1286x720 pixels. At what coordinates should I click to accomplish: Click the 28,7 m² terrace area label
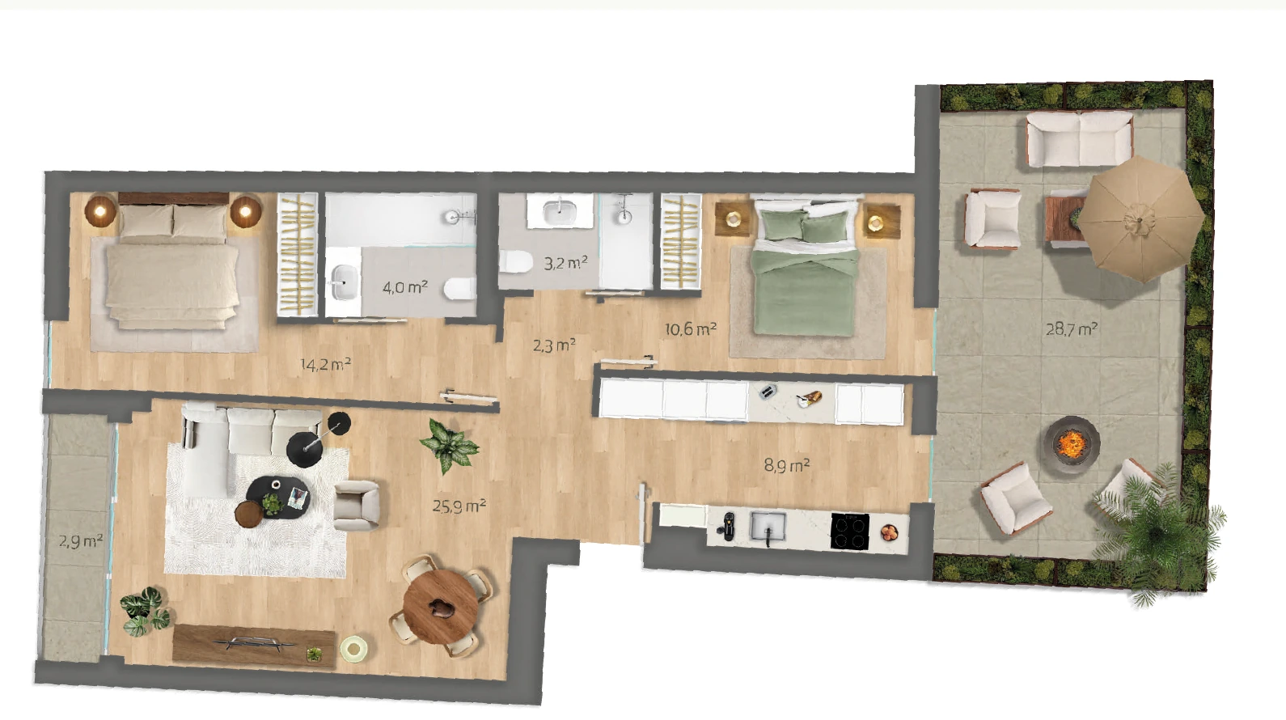point(1072,329)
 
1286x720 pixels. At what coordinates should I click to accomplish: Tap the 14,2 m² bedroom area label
point(325,365)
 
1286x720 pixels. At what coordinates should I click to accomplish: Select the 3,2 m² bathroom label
point(565,263)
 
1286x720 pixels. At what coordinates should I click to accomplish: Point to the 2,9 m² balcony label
point(80,541)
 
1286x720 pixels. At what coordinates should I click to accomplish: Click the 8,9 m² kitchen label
point(786,465)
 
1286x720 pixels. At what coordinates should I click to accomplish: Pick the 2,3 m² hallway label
point(554,345)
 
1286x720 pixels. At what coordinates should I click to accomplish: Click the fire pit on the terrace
point(1072,444)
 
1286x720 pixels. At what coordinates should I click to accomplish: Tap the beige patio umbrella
point(1140,219)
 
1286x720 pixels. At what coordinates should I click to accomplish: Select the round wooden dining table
point(441,606)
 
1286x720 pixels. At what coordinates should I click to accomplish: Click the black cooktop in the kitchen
point(850,532)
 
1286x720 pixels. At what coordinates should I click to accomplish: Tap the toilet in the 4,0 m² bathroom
point(460,289)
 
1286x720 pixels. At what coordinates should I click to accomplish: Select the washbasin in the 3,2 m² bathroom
point(560,210)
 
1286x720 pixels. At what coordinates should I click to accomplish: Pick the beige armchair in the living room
point(357,506)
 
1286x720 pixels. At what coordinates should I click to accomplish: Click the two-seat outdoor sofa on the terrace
point(1079,139)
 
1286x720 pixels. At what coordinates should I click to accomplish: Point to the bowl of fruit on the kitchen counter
point(889,533)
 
